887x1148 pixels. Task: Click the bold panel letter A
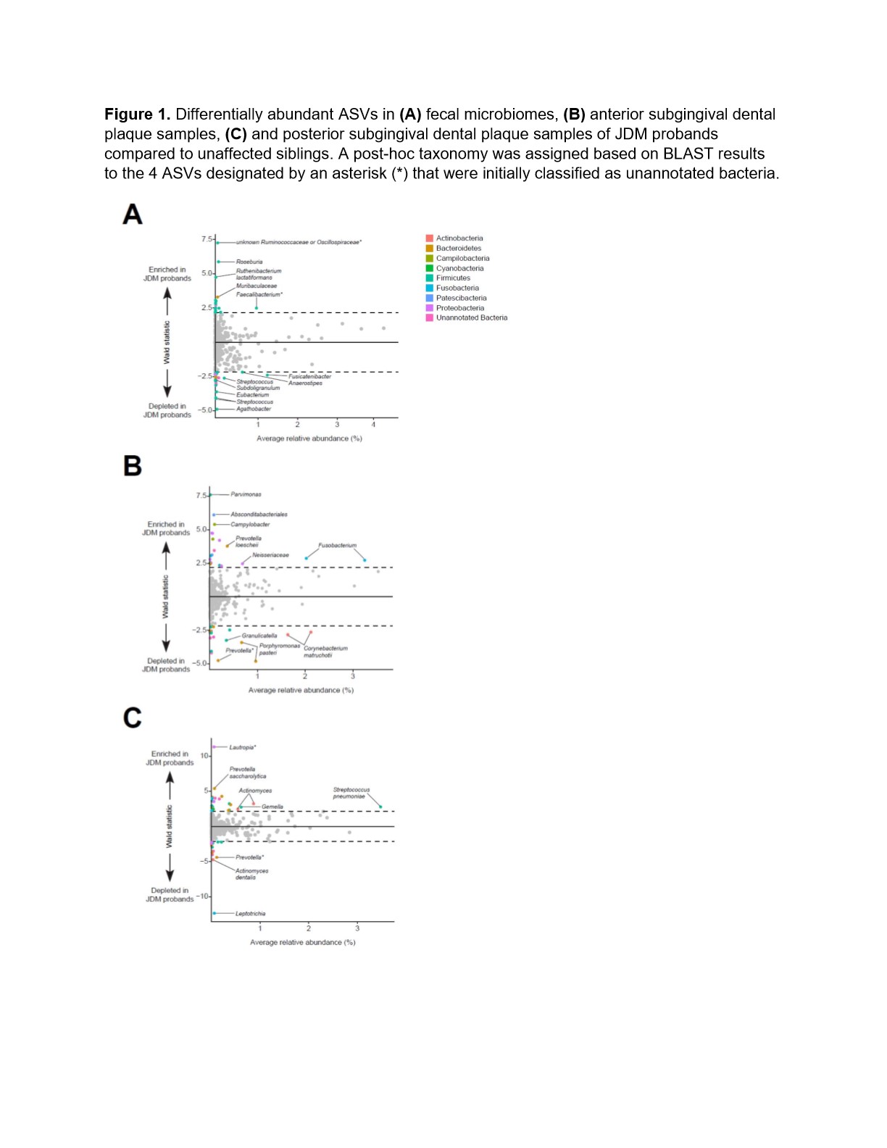(x=133, y=215)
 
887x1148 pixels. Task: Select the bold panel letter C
(x=133, y=717)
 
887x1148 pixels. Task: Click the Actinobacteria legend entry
(x=459, y=238)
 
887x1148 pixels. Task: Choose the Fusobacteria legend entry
(x=457, y=288)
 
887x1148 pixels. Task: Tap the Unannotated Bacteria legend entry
(x=471, y=317)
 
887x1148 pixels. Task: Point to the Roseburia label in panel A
(x=249, y=262)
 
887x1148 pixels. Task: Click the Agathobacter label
(x=254, y=409)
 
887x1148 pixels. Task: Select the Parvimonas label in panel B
(x=246, y=494)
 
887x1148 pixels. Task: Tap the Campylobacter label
(x=250, y=524)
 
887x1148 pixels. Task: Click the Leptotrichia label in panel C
(x=250, y=913)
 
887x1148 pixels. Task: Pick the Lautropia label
(x=243, y=747)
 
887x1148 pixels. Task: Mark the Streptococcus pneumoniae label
(x=351, y=793)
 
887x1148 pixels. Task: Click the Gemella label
(x=272, y=807)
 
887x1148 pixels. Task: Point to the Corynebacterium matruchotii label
(x=325, y=652)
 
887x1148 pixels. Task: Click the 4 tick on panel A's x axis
(x=374, y=425)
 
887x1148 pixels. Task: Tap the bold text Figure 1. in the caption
(x=138, y=115)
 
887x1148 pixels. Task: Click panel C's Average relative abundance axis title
(x=303, y=942)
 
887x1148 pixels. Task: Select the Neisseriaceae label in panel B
(x=270, y=555)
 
